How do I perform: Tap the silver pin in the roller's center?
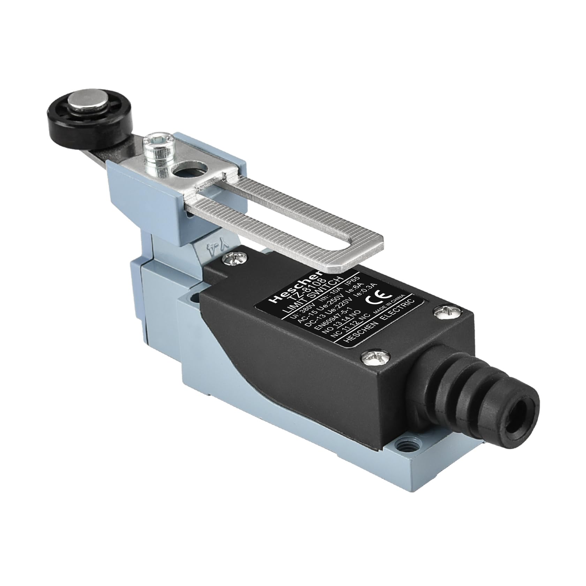point(77,103)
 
